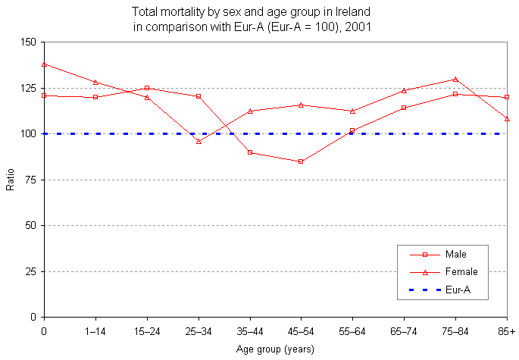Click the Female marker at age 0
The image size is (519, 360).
click(44, 64)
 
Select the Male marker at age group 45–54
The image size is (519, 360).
click(301, 161)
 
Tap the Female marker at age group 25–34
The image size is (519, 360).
click(199, 141)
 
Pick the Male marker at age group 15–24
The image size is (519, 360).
click(147, 88)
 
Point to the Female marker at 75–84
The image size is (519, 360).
click(455, 79)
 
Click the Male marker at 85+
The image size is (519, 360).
click(507, 97)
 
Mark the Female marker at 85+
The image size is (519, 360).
click(507, 118)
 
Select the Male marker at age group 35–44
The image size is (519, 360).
click(250, 152)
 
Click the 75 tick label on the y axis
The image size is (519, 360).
click(31, 180)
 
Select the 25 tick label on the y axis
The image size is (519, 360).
click(31, 271)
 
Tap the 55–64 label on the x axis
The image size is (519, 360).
click(352, 332)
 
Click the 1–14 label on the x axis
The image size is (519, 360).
click(95, 332)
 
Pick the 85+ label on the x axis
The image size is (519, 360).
click(507, 332)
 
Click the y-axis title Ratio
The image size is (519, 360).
click(10, 179)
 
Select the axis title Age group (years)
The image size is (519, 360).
click(275, 349)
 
